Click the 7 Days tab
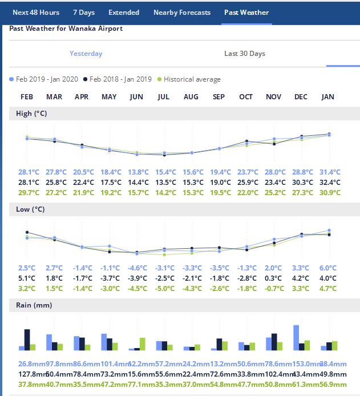(x=83, y=13)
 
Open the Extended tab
(x=123, y=13)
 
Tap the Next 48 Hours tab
(x=36, y=13)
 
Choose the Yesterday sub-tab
(x=86, y=54)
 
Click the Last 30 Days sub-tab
(x=245, y=54)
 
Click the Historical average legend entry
(x=192, y=79)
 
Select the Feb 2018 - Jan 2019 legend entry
(x=119, y=79)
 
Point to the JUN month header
(x=136, y=97)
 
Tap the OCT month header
(x=246, y=97)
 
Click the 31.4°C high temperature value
(x=330, y=172)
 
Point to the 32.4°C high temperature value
(x=330, y=183)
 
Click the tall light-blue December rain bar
(x=296, y=337)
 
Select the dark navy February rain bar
(x=27, y=339)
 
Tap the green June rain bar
(x=142, y=344)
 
